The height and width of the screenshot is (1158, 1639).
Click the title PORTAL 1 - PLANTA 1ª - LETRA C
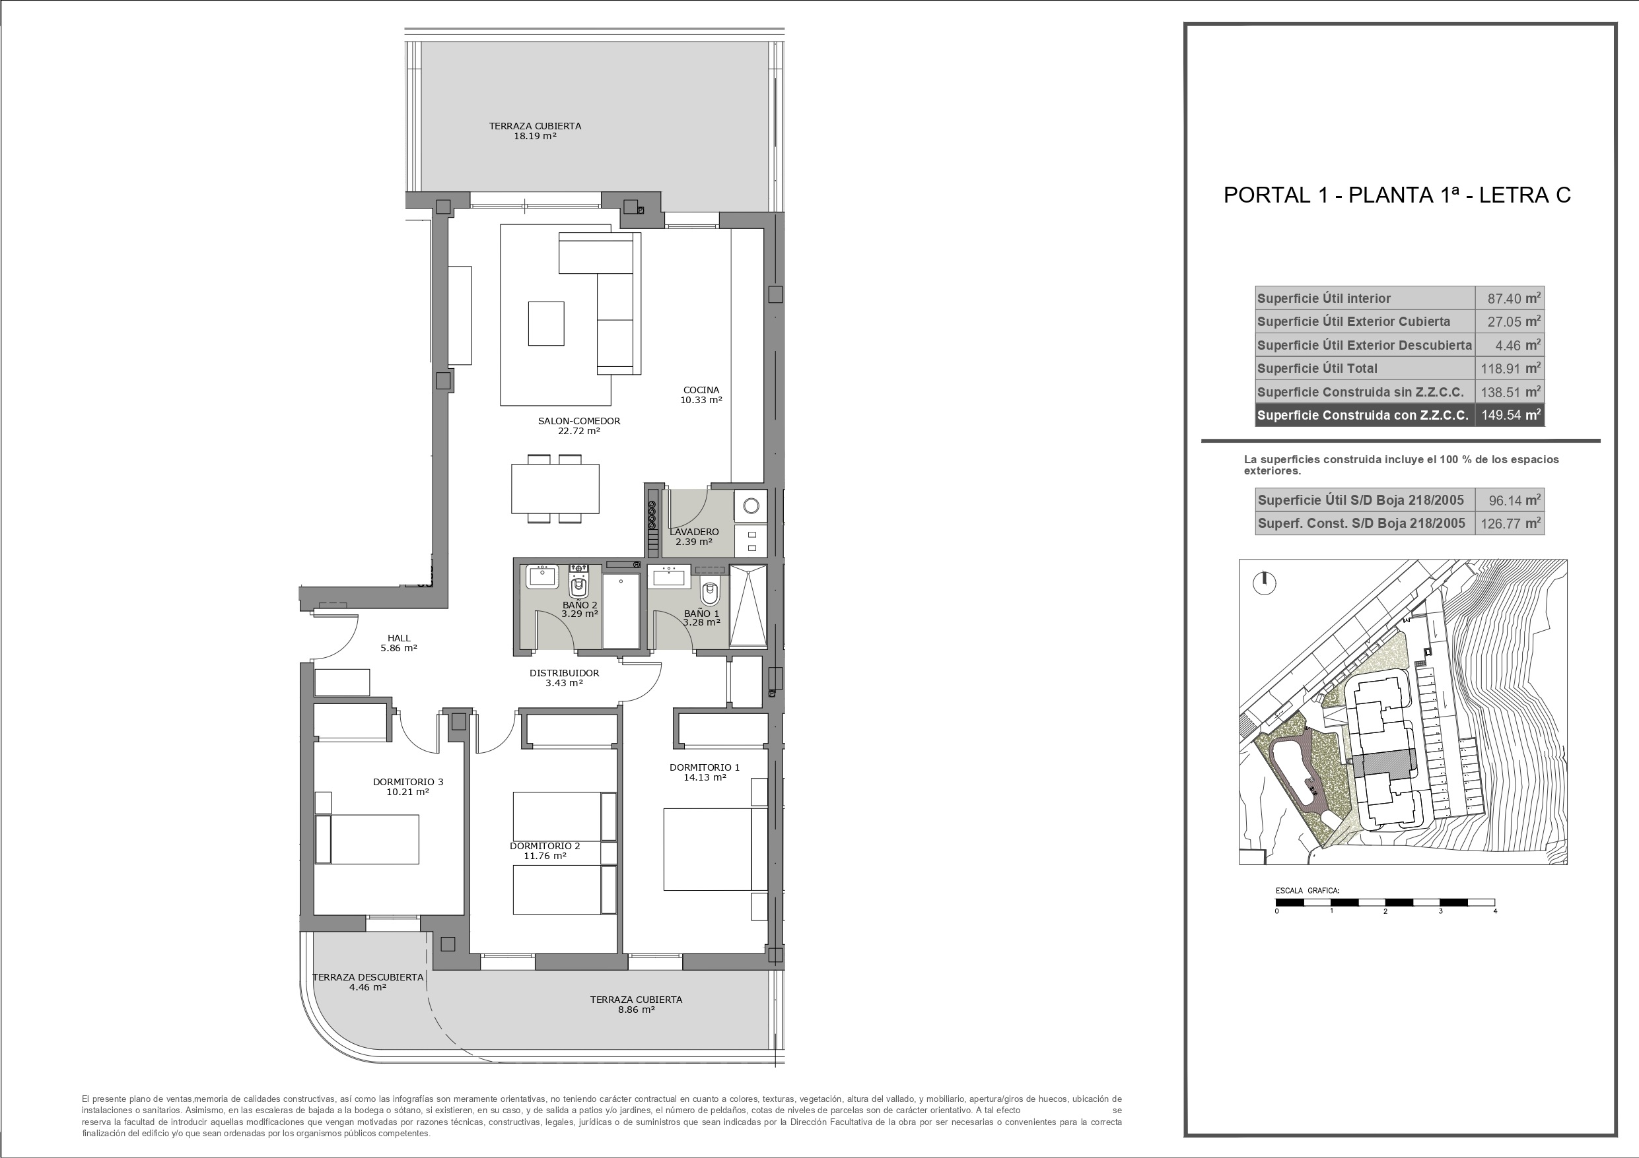pos(1397,195)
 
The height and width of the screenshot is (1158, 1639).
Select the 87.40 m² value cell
pos(1509,298)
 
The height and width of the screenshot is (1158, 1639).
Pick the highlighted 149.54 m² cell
pos(1509,415)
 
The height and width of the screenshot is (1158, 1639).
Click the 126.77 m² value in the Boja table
pos(1509,523)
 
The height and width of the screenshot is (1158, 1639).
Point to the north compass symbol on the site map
pos(1263,582)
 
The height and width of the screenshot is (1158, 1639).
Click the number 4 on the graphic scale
pos(1495,911)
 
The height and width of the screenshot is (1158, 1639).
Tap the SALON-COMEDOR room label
pos(579,421)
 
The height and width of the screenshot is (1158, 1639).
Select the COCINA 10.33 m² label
pos(701,395)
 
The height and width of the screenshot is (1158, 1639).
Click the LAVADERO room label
pos(694,532)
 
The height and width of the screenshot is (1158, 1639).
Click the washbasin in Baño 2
pos(543,576)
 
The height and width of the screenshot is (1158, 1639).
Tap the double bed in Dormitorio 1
pos(716,849)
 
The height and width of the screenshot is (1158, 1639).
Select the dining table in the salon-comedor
pos(555,489)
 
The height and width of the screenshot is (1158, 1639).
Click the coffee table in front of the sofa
pos(546,323)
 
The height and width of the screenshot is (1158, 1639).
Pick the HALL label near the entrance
pos(399,638)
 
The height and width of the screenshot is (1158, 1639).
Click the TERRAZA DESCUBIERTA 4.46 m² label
pos(368,982)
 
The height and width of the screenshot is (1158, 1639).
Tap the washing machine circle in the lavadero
pos(751,506)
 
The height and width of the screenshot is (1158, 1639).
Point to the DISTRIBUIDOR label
pos(564,673)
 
